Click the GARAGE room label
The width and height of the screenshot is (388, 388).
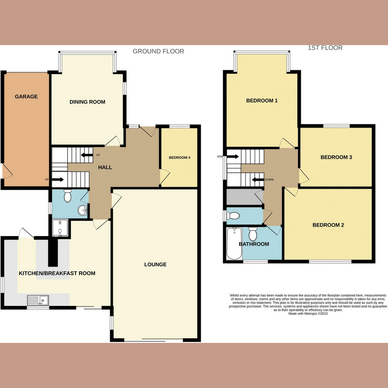pos(26,97)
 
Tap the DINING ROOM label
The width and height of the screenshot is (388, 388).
pos(87,102)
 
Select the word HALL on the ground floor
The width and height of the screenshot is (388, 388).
pos(105,167)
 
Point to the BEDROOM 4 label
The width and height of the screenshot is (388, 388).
pos(179,158)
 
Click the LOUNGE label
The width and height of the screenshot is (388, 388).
pos(155,264)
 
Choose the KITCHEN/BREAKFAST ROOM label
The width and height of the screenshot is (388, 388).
pos(57,274)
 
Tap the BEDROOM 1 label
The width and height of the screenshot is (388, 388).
pos(262,101)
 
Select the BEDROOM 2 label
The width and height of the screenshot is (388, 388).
pos(328,225)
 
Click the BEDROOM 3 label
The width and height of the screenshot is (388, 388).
pos(336,157)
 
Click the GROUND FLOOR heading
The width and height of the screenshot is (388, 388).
pos(158,51)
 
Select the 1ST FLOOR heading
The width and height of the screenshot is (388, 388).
pos(325,48)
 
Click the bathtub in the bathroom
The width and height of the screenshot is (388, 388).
pos(233,243)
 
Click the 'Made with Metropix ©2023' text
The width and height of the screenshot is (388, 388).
pos(307,314)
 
